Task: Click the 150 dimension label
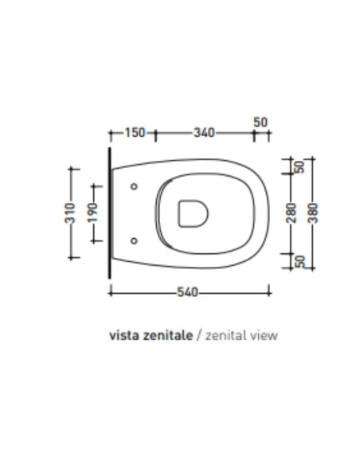(x=135, y=132)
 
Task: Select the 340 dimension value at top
(x=204, y=132)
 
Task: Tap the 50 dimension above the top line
(x=260, y=122)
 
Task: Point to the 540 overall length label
(x=187, y=292)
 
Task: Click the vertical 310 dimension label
(x=70, y=213)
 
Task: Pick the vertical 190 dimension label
(x=92, y=213)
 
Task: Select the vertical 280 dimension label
(x=292, y=213)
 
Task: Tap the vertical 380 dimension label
(x=313, y=213)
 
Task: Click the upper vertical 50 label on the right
(x=299, y=166)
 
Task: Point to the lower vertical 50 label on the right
(x=299, y=261)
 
